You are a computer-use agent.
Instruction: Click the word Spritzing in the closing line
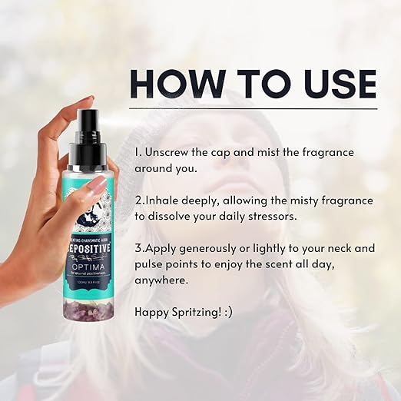pyautogui.click(x=200, y=313)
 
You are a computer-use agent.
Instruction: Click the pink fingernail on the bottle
pyautogui.click(x=98, y=184)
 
